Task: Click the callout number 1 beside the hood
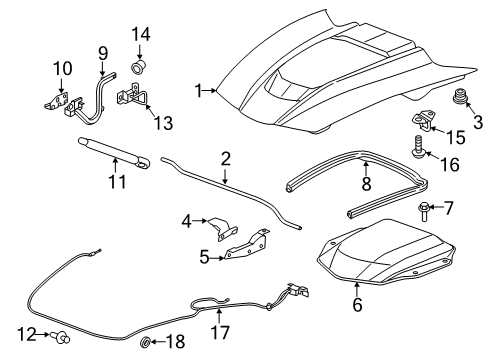200,91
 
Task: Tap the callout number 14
141,33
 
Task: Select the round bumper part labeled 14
141,68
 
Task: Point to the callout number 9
102,51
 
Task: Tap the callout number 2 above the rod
226,157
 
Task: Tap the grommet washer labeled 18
145,343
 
